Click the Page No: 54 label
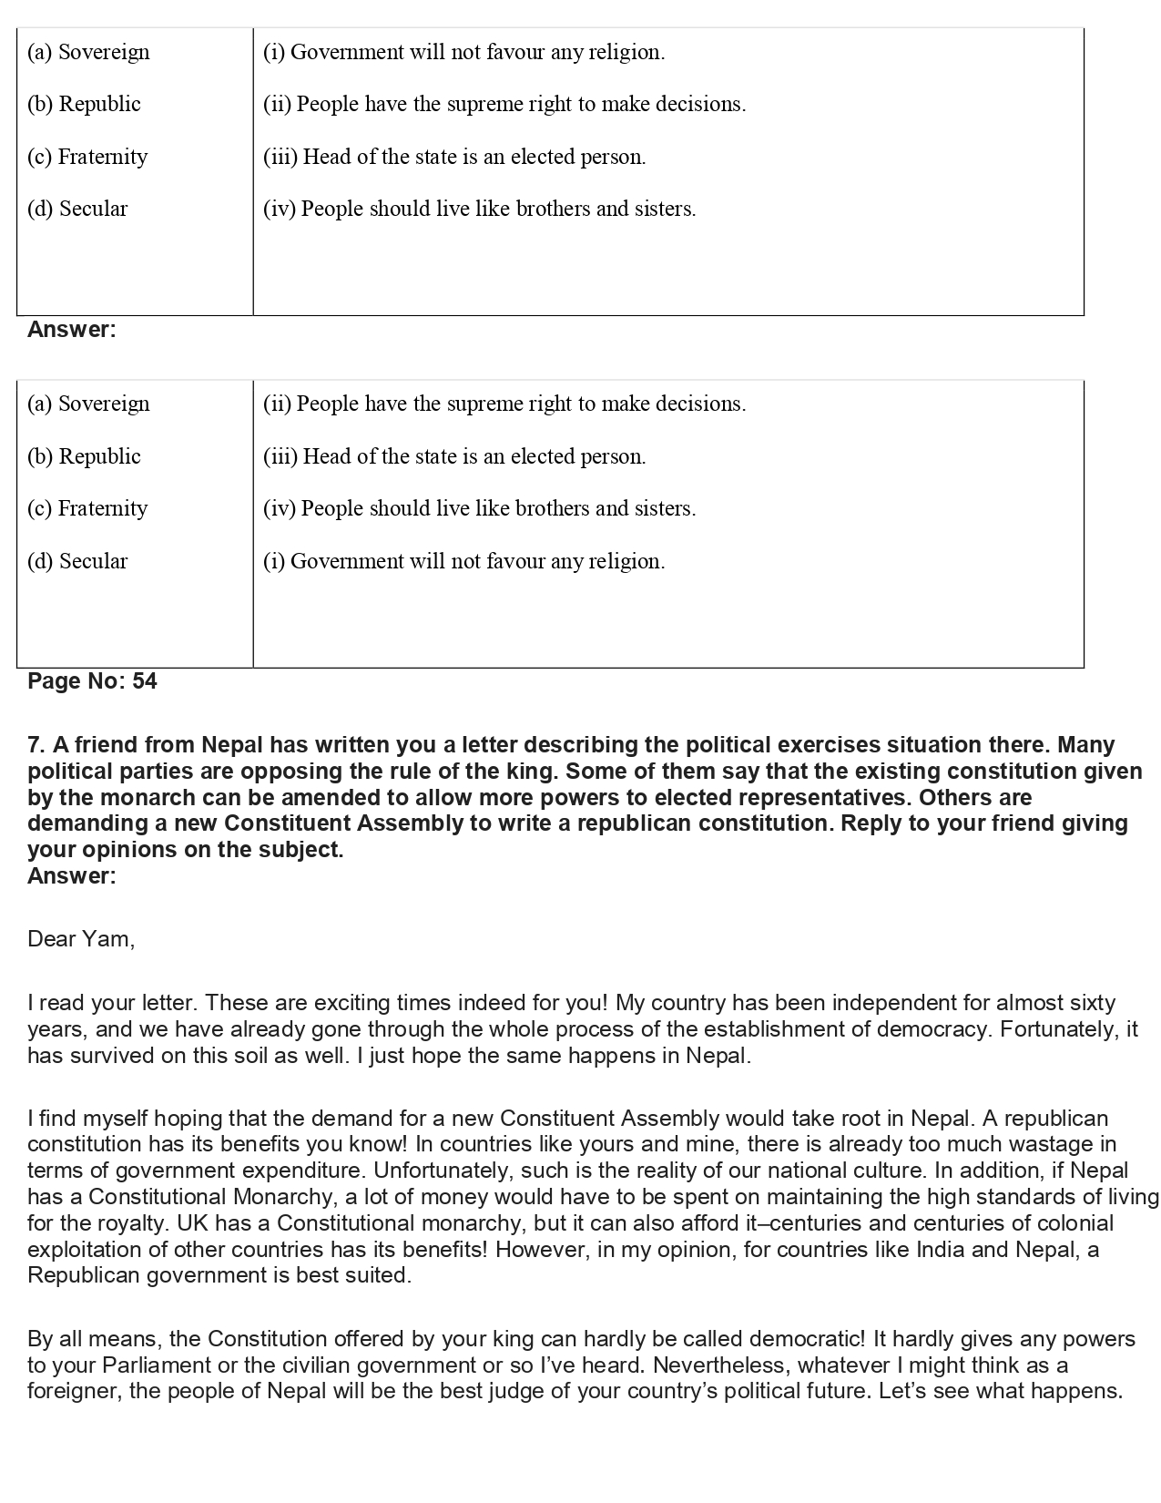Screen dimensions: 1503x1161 pyautogui.click(x=92, y=681)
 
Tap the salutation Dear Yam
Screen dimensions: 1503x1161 pyautogui.click(x=81, y=939)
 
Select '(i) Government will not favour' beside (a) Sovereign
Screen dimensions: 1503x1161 pyautogui.click(x=463, y=52)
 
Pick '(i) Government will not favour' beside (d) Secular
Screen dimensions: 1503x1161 pyautogui.click(x=463, y=561)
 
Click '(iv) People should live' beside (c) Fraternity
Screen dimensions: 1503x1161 pyautogui.click(x=479, y=508)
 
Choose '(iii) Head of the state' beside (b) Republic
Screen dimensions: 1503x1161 pyautogui.click(x=454, y=456)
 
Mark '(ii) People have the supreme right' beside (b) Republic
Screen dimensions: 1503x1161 pyautogui.click(x=504, y=104)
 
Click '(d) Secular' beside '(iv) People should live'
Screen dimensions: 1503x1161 pyautogui.click(x=77, y=209)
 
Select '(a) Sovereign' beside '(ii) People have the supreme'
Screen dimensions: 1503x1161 pyautogui.click(x=88, y=404)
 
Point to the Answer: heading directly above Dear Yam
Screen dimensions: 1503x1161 pyautogui.click(x=72, y=876)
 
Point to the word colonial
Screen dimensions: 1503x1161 pyautogui.click(x=1075, y=1223)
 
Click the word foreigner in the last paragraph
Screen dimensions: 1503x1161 pyautogui.click(x=72, y=1392)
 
